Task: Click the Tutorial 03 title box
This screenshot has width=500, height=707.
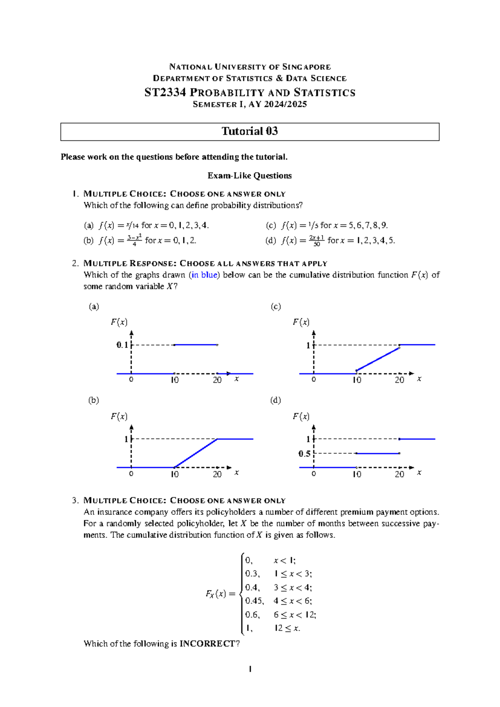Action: click(x=250, y=131)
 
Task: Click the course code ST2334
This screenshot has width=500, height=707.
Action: click(x=165, y=93)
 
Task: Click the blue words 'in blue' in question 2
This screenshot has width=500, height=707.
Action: click(x=204, y=275)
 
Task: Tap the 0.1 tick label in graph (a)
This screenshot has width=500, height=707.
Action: click(x=122, y=345)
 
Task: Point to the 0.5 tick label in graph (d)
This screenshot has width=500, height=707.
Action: click(x=305, y=454)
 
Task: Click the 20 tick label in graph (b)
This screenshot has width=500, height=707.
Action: click(x=217, y=474)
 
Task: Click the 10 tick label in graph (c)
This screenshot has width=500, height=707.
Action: click(x=357, y=380)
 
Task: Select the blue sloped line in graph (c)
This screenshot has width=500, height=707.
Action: click(x=378, y=359)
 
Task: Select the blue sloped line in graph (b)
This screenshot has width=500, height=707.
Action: click(x=196, y=453)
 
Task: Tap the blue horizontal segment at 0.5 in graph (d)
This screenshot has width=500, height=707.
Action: click(x=378, y=453)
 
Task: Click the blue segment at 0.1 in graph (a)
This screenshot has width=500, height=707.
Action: click(x=196, y=345)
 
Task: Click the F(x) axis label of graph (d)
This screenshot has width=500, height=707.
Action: click(x=301, y=416)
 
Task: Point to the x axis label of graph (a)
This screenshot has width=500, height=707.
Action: click(x=237, y=379)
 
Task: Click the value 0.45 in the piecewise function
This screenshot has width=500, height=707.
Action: click(x=254, y=601)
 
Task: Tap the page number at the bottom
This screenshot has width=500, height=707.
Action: click(x=250, y=669)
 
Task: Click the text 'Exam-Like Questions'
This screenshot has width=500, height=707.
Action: click(x=250, y=175)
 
